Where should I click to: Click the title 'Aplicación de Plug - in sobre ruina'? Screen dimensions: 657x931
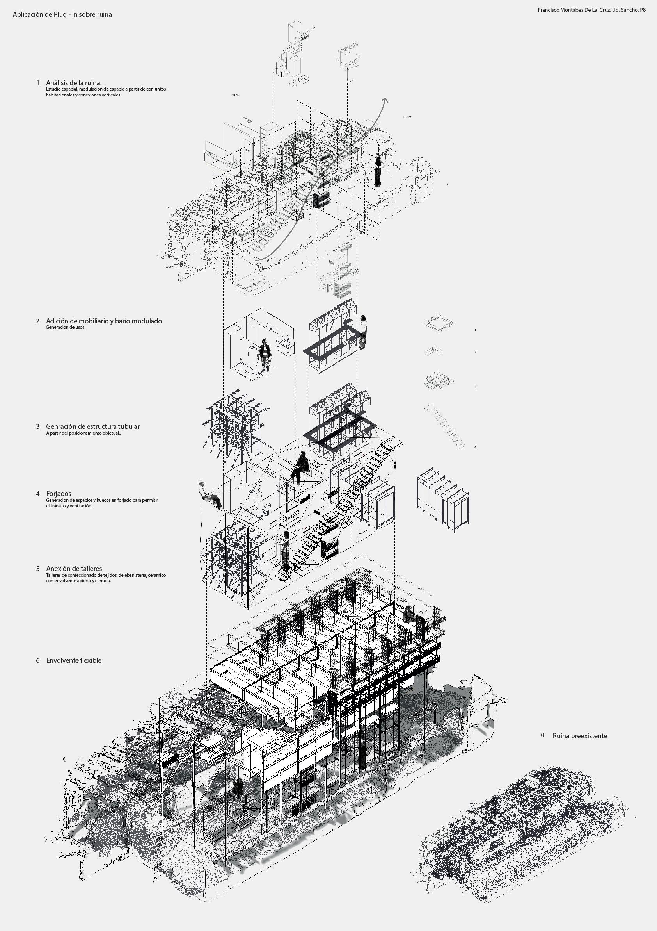coord(62,14)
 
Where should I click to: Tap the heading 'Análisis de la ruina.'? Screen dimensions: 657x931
coord(74,83)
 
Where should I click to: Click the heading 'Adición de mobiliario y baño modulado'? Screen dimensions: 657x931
coord(104,321)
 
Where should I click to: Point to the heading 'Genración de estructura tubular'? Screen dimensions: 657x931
coord(93,426)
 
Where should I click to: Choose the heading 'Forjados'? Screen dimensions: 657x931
coord(59,494)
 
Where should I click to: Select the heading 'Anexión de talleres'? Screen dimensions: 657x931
coord(74,569)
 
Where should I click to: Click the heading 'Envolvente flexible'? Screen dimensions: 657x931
coord(74,660)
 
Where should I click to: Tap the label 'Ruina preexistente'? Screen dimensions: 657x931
coord(580,736)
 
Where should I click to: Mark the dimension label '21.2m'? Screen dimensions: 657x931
coord(236,95)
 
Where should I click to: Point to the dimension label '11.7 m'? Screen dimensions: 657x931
coord(407,117)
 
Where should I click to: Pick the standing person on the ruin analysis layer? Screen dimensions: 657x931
coord(378,170)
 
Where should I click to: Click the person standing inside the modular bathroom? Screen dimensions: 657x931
coord(265,355)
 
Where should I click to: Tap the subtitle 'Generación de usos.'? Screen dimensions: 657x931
coord(66,327)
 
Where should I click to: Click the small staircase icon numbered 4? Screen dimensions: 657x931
coord(444,426)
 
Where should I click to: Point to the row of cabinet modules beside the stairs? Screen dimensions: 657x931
coord(442,499)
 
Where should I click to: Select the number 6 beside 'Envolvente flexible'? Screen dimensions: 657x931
coord(38,660)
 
